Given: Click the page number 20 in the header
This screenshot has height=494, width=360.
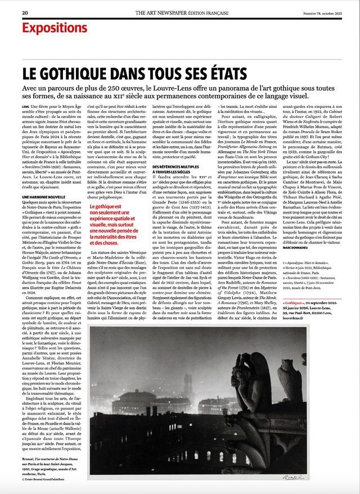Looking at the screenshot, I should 25,12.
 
